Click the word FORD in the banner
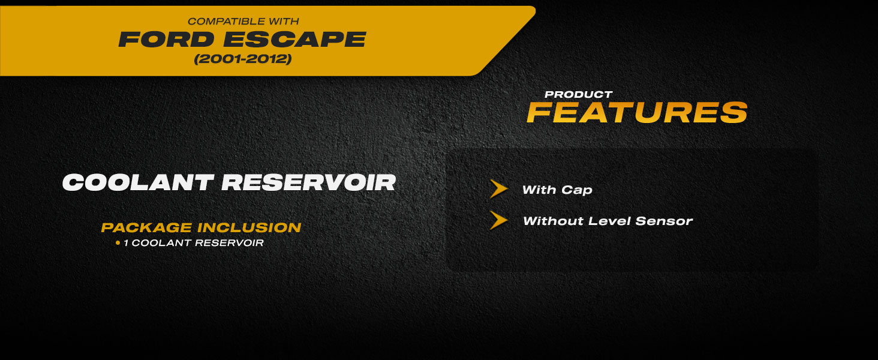click(167, 39)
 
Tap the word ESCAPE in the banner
click(294, 39)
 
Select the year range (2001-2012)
click(243, 59)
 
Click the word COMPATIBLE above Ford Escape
click(220, 21)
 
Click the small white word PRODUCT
click(579, 95)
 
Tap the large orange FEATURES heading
click(638, 113)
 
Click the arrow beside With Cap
click(498, 189)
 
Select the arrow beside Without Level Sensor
click(498, 220)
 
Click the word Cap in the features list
click(576, 190)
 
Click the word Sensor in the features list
click(664, 221)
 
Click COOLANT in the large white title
click(138, 183)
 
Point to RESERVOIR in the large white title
click(309, 183)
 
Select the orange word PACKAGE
click(146, 228)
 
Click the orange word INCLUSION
click(249, 228)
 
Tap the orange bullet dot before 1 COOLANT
click(118, 243)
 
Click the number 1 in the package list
click(126, 243)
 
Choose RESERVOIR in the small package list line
click(229, 243)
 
